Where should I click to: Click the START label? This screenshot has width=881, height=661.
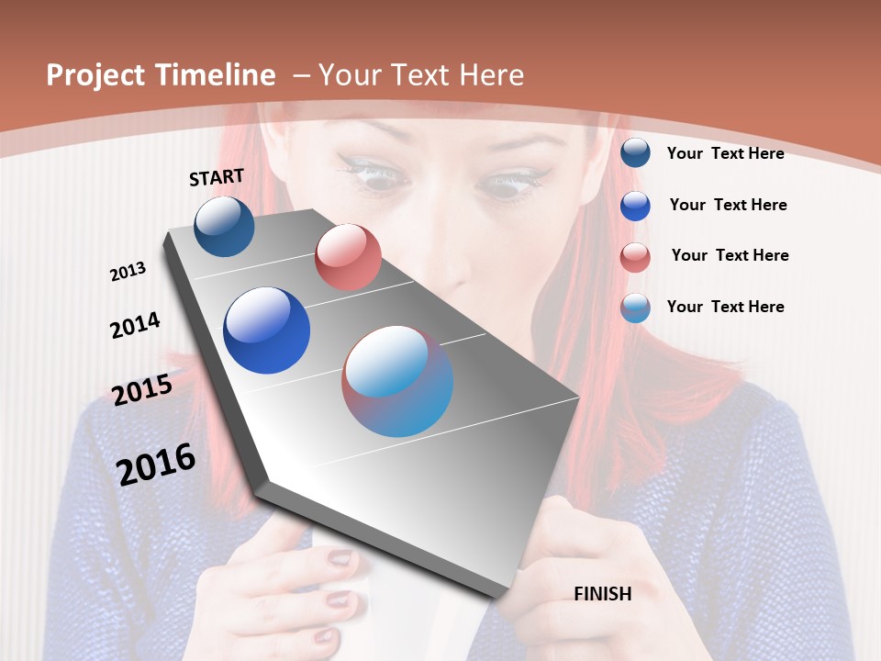click(217, 177)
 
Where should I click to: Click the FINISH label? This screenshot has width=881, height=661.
click(602, 594)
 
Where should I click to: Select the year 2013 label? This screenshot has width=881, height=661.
click(128, 272)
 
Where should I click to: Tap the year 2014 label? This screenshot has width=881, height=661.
click(135, 325)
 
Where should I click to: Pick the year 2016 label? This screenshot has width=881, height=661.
click(156, 464)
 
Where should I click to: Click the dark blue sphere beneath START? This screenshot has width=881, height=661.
click(224, 226)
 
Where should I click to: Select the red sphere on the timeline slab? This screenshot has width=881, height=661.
click(348, 257)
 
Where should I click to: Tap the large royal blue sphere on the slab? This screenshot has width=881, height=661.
click(266, 330)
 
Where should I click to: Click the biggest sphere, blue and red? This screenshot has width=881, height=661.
click(397, 381)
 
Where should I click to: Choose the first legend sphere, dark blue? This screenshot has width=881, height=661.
click(635, 152)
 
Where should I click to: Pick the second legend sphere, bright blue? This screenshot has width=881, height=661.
click(635, 206)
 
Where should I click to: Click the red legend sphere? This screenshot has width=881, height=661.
click(635, 257)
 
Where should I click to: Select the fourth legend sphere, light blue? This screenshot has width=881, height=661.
click(635, 308)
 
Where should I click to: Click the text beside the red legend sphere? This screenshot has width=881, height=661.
click(730, 255)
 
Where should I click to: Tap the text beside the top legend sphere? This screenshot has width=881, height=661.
click(725, 153)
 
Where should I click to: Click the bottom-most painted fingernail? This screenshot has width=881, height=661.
click(327, 635)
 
